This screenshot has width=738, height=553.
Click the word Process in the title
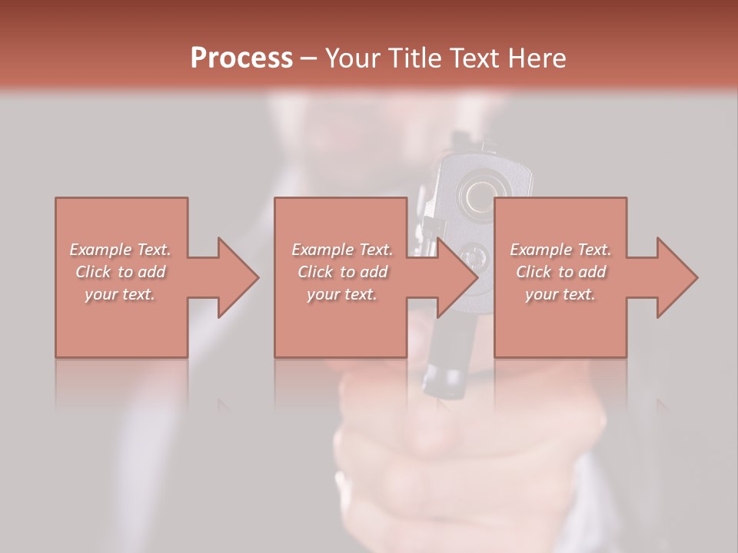(241, 58)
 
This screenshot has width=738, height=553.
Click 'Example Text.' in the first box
(120, 250)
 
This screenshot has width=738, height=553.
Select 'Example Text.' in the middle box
(341, 250)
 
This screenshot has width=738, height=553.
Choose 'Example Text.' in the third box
(560, 250)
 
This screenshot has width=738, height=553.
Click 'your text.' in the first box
(120, 294)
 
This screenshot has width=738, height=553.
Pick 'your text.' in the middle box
(341, 294)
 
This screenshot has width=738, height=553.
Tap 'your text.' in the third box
(560, 294)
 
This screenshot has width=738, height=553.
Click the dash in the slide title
(308, 58)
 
